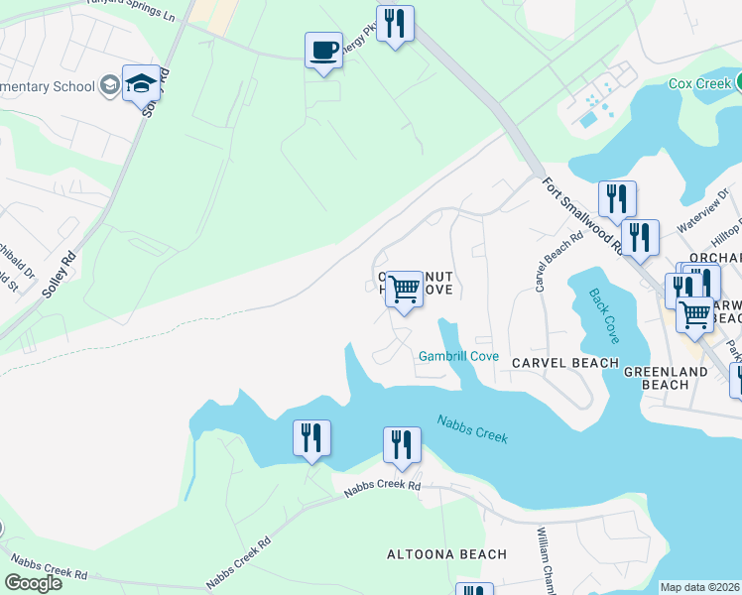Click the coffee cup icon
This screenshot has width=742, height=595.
pyautogui.click(x=323, y=50)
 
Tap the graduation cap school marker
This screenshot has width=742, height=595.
pyautogui.click(x=141, y=83)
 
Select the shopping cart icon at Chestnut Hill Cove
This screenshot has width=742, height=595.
pyautogui.click(x=404, y=290)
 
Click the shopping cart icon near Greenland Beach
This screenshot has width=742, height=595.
pyautogui.click(x=694, y=314)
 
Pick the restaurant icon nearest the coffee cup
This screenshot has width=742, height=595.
pyautogui.click(x=395, y=24)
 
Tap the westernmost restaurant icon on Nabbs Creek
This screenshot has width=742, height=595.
pyautogui.click(x=311, y=437)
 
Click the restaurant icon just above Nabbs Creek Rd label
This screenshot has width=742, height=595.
pyautogui.click(x=402, y=445)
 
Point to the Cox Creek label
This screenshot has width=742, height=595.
pyautogui.click(x=699, y=84)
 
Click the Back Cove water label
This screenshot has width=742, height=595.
pyautogui.click(x=603, y=316)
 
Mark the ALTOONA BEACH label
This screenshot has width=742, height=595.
pyautogui.click(x=446, y=554)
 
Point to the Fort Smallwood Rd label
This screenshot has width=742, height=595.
pyautogui.click(x=581, y=215)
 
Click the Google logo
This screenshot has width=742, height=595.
pyautogui.click(x=33, y=582)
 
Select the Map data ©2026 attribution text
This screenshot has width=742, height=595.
pyautogui.click(x=699, y=587)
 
